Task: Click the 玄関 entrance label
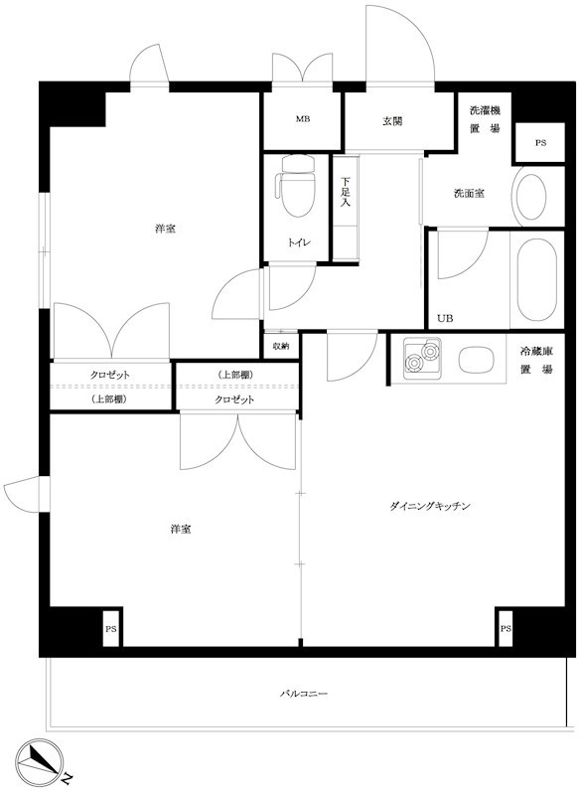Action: pyautogui.click(x=393, y=121)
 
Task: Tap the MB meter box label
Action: pyautogui.click(x=302, y=120)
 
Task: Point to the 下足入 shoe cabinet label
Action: pyautogui.click(x=345, y=192)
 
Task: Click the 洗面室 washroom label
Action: pyautogui.click(x=469, y=193)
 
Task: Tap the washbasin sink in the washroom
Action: pyautogui.click(x=530, y=196)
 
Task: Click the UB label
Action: pyautogui.click(x=444, y=319)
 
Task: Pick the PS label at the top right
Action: pyautogui.click(x=540, y=143)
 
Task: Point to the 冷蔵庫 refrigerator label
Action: pyautogui.click(x=535, y=353)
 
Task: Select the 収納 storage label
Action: pyautogui.click(x=281, y=346)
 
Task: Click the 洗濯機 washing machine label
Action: pyautogui.click(x=484, y=111)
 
